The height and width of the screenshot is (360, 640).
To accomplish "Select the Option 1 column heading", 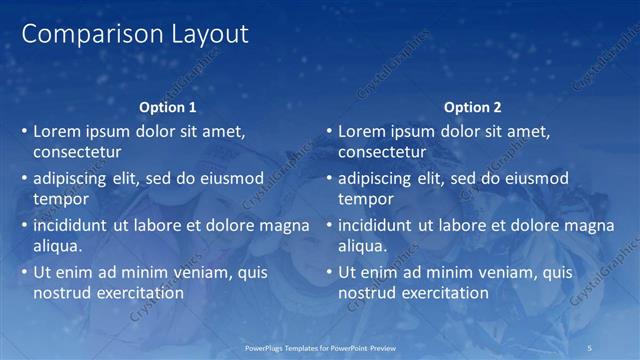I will tap(169, 107).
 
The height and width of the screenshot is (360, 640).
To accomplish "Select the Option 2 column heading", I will tap(473, 107).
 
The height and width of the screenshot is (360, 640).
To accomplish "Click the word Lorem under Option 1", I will tap(57, 131).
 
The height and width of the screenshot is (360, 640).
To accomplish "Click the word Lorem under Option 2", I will tap(361, 131).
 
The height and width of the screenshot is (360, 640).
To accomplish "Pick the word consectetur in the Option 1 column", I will tap(78, 153).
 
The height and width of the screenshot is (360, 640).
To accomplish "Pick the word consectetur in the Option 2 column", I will tap(382, 153).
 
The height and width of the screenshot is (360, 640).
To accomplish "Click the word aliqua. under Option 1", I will tap(58, 245).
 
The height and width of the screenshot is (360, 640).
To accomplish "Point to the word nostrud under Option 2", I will tap(367, 292).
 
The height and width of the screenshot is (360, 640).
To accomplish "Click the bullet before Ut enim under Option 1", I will tap(25, 272).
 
